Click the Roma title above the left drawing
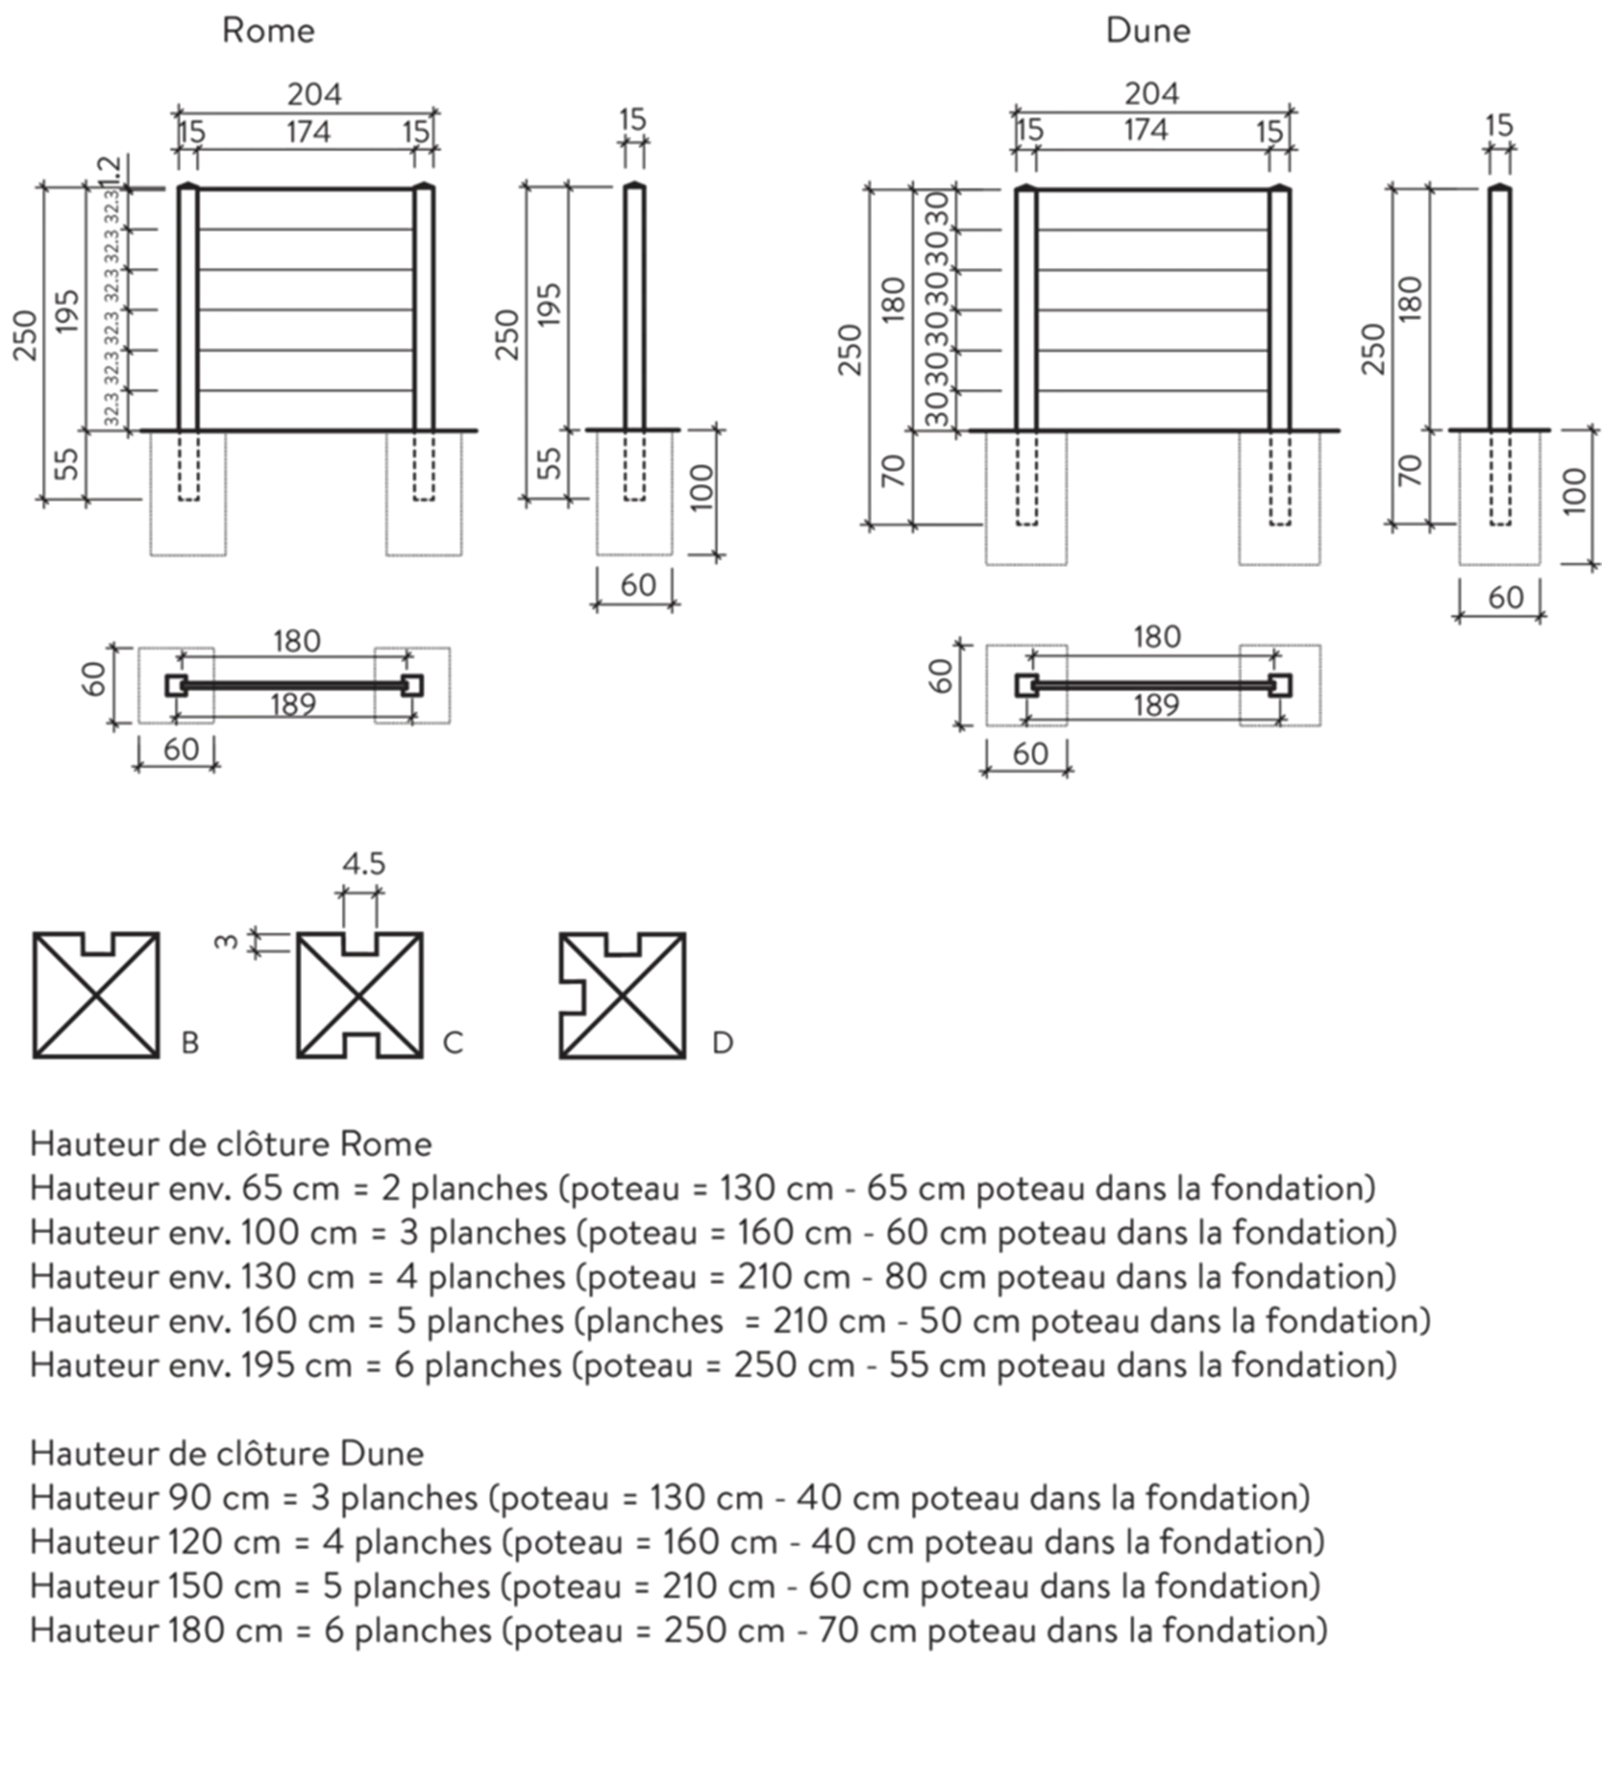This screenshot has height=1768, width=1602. tap(270, 33)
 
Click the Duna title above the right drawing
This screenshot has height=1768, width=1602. tap(1147, 33)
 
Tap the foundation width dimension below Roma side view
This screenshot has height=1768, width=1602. tap(637, 583)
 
